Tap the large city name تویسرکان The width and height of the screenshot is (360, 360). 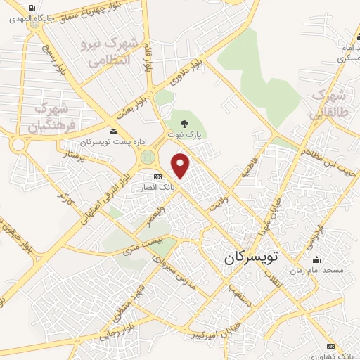tap(252, 257)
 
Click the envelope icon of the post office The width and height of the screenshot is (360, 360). tap(114, 131)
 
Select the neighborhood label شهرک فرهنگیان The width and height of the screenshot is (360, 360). tap(51, 117)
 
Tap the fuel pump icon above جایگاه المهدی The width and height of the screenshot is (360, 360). tap(31, 9)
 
